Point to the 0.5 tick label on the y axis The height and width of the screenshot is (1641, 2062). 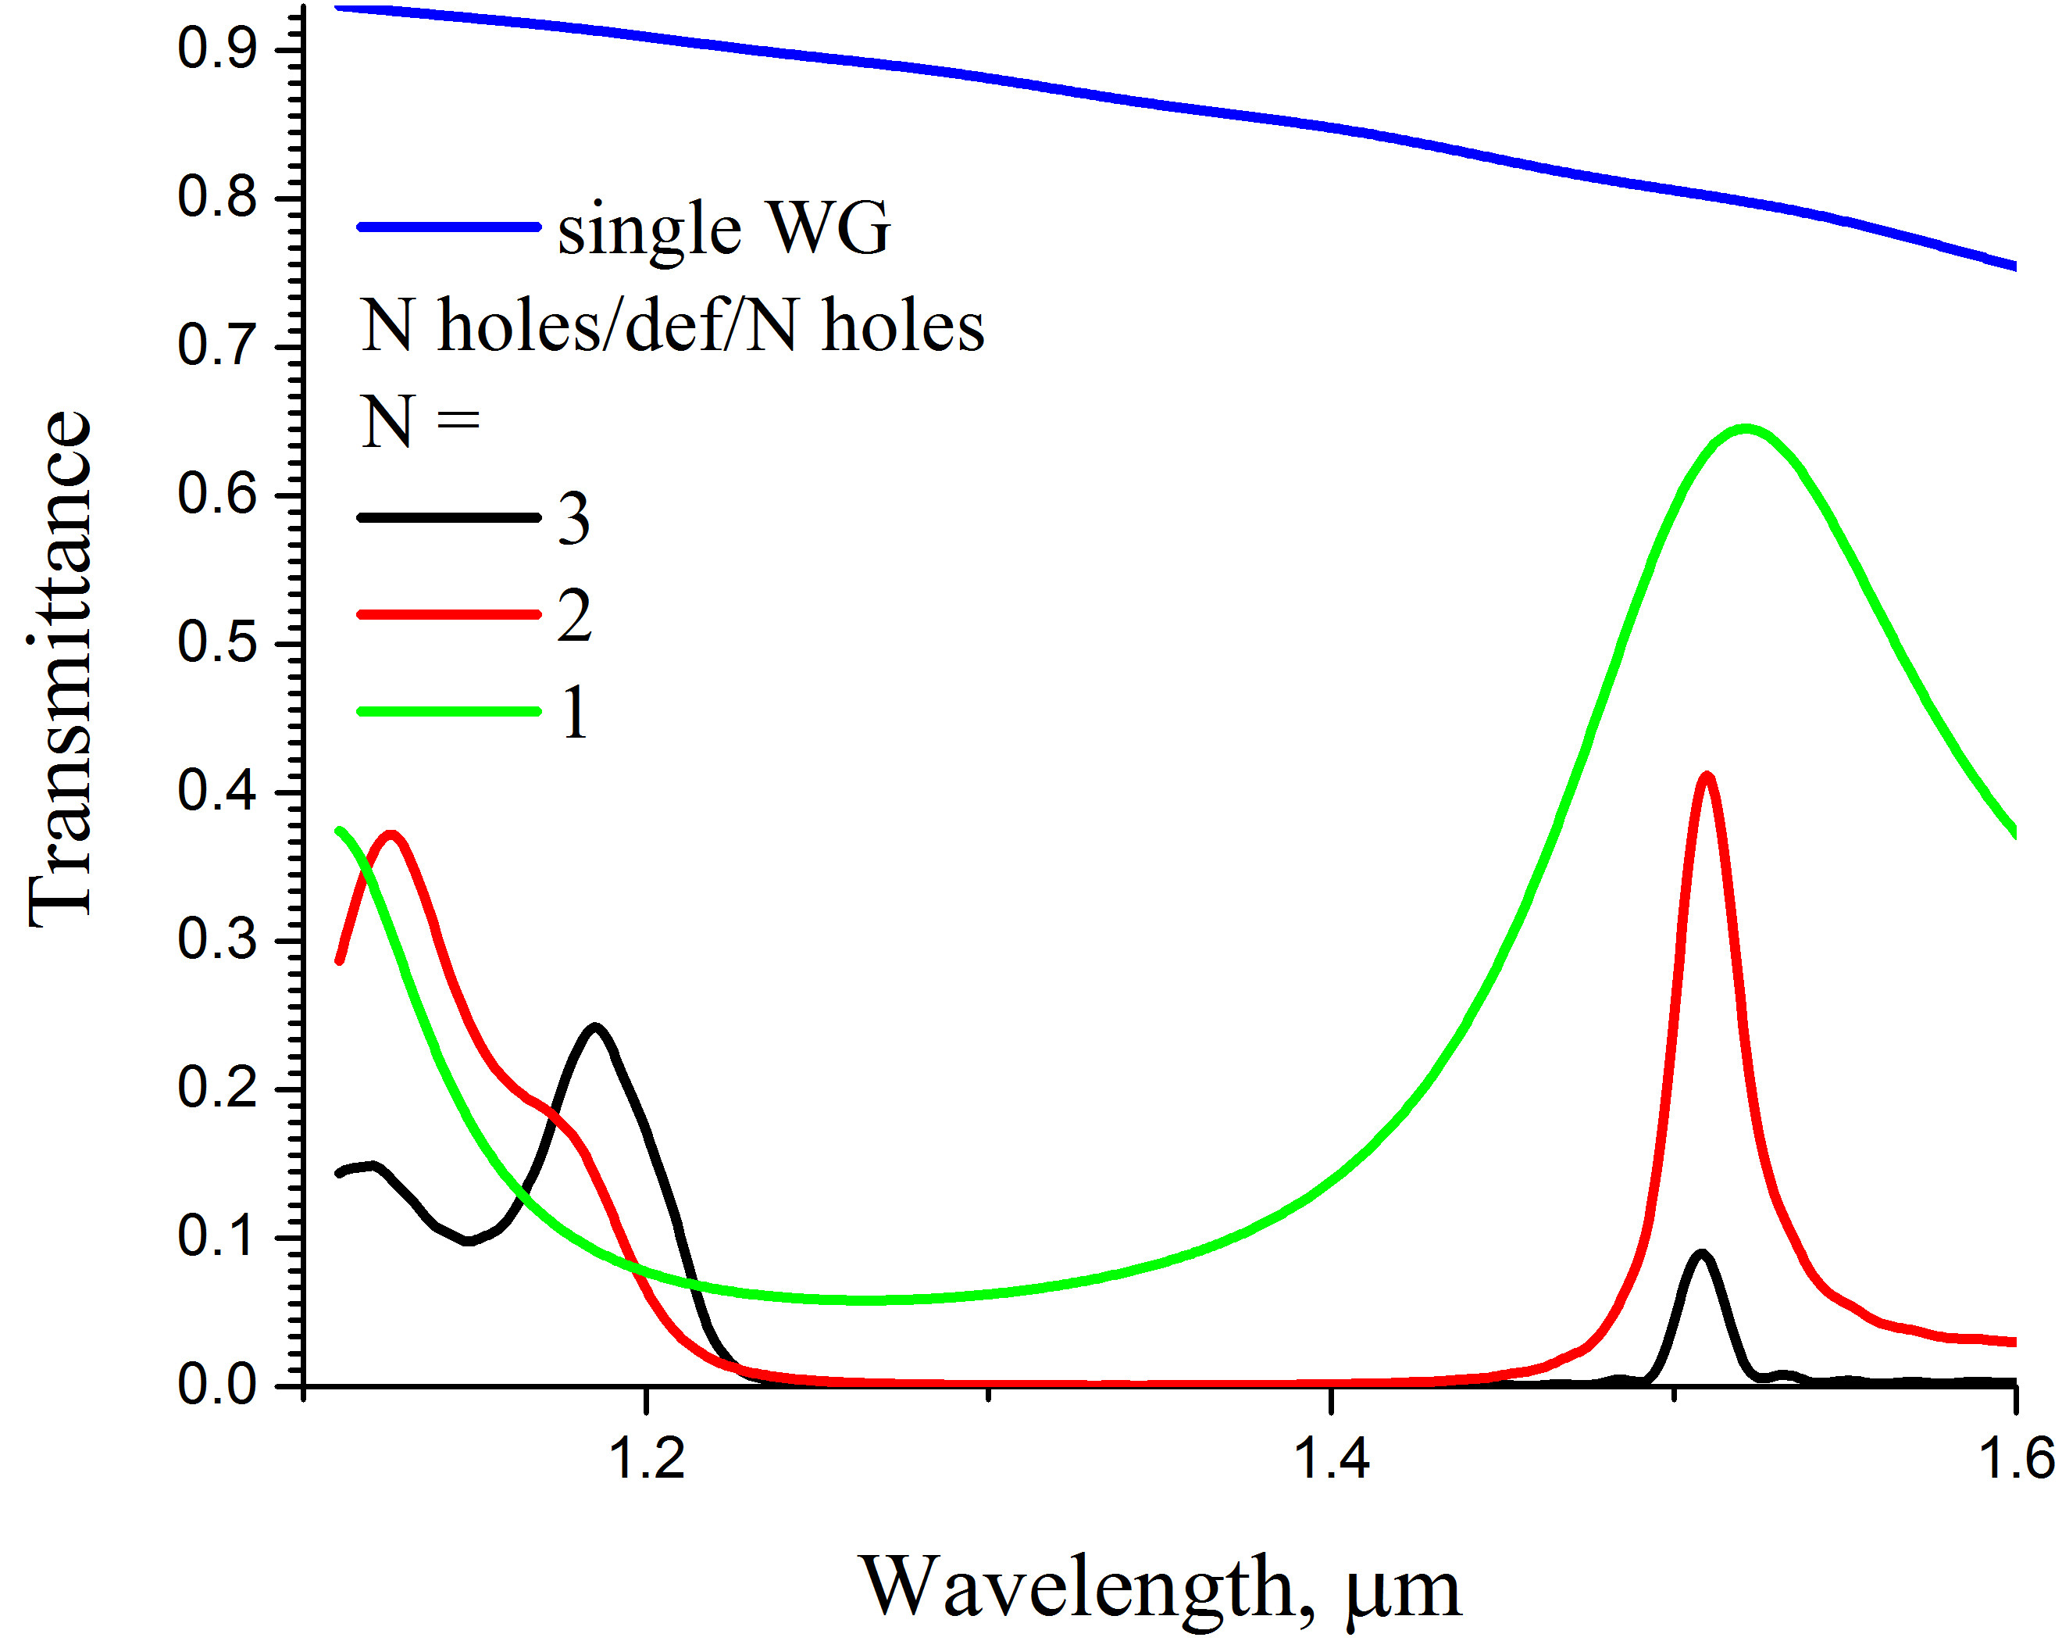coord(217,642)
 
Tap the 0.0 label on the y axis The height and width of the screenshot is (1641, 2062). coord(217,1385)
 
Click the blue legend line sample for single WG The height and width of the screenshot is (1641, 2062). coord(448,227)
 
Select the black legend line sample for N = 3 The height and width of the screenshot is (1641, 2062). coord(448,517)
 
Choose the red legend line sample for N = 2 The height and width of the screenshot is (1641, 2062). coord(448,614)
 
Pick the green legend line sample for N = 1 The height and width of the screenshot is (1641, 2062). coord(448,711)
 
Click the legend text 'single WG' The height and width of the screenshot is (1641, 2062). coord(724,230)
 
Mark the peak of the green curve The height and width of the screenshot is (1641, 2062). coord(1746,429)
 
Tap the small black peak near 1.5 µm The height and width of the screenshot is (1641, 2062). coord(1700,1254)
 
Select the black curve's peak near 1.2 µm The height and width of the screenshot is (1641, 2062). coord(596,1028)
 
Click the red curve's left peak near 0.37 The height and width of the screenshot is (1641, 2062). coord(391,835)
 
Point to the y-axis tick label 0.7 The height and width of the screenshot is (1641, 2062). coord(217,345)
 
